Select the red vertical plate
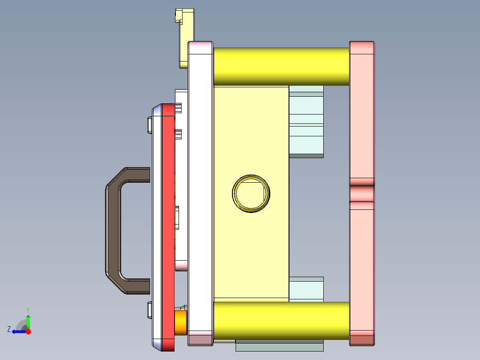coord(168,223)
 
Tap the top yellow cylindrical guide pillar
coord(281,66)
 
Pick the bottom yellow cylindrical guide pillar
coord(281,321)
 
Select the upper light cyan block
coord(306,125)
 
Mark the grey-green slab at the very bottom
coord(279,346)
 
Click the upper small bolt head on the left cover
coord(149,125)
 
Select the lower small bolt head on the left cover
coord(149,310)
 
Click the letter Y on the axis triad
coord(28,309)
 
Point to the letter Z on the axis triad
coord(9,329)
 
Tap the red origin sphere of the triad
coord(28,331)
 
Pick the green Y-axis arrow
coord(28,321)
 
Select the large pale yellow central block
coord(251,250)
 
